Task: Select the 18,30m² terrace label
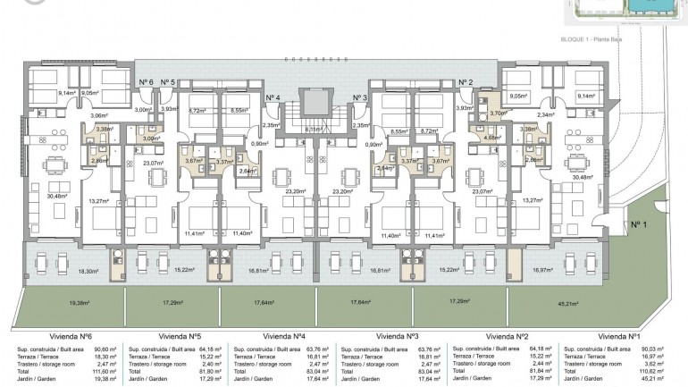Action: point(88,271)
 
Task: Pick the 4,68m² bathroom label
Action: point(492,138)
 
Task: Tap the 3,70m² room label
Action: point(498,114)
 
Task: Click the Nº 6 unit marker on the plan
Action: point(146,81)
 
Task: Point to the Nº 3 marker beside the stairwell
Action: point(359,97)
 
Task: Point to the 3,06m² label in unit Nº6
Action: point(100,115)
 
